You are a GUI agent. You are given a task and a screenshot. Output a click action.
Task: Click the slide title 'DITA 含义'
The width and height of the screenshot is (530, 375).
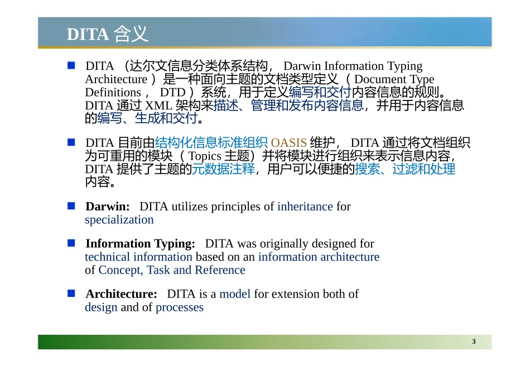(x=108, y=34)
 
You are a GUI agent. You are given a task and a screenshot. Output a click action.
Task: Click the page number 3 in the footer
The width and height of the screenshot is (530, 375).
(x=474, y=342)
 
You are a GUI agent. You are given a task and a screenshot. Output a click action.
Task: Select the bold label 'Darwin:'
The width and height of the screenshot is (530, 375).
(x=108, y=206)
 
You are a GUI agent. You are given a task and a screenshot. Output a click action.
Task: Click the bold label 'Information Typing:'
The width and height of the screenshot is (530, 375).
(x=140, y=244)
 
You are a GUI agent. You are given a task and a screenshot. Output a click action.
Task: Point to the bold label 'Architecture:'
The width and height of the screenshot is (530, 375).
(x=121, y=294)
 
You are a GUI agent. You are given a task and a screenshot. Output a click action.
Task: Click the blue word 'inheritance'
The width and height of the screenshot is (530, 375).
(x=305, y=206)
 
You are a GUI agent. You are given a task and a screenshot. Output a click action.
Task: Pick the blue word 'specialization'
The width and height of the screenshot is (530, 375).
(x=119, y=220)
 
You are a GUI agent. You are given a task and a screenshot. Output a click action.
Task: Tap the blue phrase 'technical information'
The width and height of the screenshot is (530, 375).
(x=138, y=257)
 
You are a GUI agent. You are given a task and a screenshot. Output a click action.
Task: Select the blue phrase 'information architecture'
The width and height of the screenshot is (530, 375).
(x=319, y=257)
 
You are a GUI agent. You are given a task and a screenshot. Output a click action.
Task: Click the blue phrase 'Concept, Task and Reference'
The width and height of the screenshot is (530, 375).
(x=172, y=270)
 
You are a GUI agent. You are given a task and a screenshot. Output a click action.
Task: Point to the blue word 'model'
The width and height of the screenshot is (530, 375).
(x=235, y=294)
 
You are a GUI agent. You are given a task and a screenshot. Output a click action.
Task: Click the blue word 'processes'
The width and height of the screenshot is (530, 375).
(x=180, y=307)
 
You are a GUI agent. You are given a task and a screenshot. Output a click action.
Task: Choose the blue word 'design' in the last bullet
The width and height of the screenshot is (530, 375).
(x=101, y=307)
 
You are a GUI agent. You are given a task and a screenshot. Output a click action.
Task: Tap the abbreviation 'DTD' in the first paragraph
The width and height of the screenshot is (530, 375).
(x=173, y=92)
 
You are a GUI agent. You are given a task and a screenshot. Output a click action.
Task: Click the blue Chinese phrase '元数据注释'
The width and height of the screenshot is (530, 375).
(x=223, y=169)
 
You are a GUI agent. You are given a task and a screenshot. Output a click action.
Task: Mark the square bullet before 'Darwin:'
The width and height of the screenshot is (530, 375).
(x=71, y=206)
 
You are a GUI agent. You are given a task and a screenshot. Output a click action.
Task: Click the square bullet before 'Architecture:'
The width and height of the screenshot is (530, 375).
(x=71, y=294)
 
